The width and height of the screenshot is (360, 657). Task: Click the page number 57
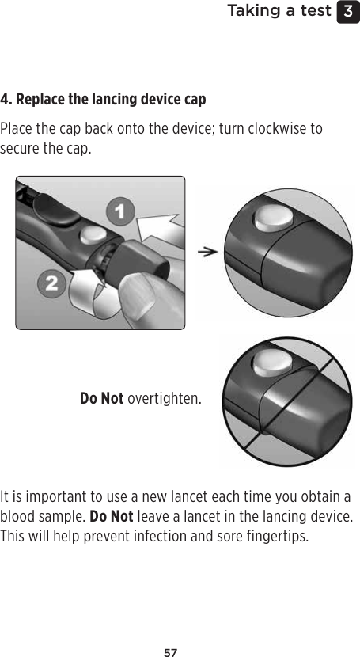point(170,631)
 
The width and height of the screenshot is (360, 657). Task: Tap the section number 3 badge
point(347,11)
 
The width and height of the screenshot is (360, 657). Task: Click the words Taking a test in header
point(279,11)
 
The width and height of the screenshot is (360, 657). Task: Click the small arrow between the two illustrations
point(207,253)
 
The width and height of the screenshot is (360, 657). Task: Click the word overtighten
point(164,397)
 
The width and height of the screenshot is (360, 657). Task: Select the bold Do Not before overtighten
point(101,397)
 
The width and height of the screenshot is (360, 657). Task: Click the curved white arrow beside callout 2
point(83,289)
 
